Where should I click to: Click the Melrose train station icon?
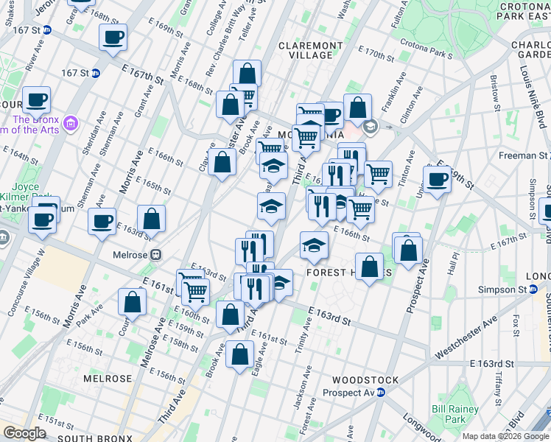coord(155,254)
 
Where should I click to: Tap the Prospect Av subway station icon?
coord(381,393)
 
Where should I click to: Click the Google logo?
coord(24,432)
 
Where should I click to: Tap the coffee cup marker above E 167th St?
coord(113,38)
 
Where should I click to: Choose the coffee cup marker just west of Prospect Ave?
coord(437,179)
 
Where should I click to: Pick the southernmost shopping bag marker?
coord(241,356)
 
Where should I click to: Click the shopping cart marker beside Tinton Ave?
coord(378,174)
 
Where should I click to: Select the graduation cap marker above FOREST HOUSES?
coord(314,246)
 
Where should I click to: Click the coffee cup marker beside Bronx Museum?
coord(35,100)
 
